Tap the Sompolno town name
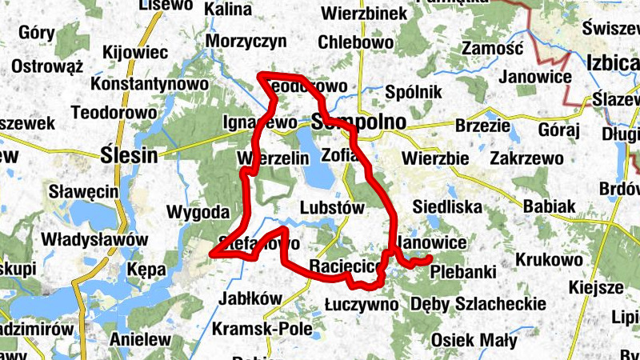[359, 122]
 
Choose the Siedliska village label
[447, 208]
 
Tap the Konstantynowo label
[150, 84]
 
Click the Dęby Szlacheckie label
[478, 304]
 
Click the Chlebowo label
[355, 42]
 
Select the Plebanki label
[462, 272]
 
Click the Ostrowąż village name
[48, 66]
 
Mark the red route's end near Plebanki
[429, 258]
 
